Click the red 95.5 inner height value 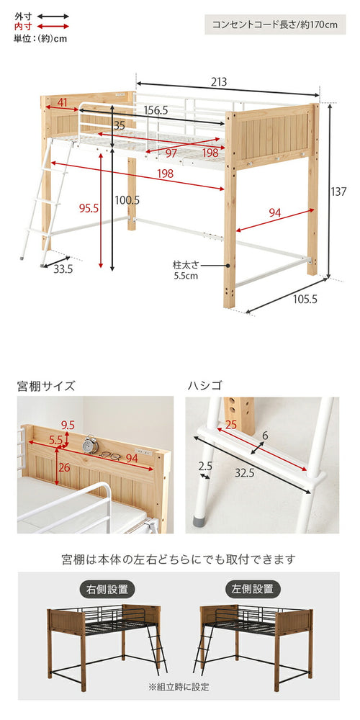[x=89, y=209]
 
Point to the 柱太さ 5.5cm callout [x=186, y=269]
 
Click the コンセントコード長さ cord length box [x=274, y=24]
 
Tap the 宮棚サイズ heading [x=46, y=385]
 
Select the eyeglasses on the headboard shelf [x=110, y=454]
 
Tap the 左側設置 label [x=253, y=589]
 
